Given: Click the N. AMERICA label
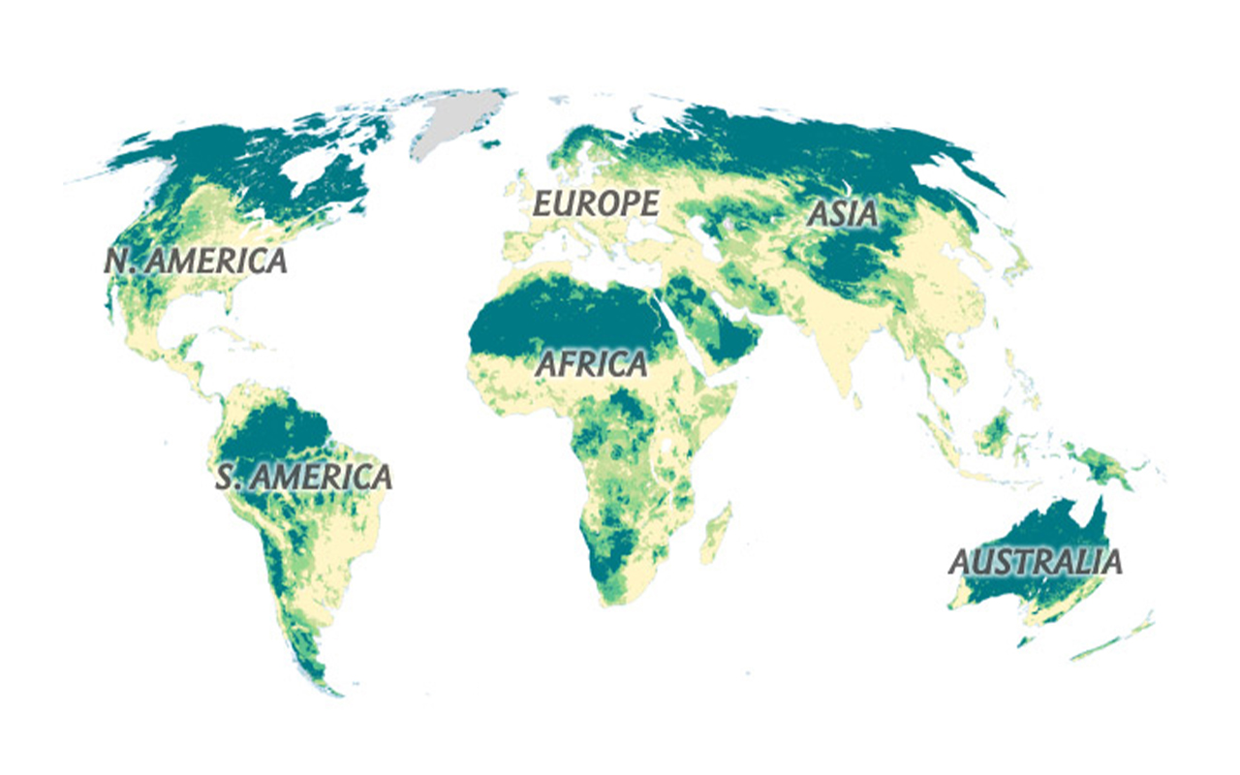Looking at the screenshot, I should tap(197, 261).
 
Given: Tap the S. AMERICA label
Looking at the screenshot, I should tap(304, 477).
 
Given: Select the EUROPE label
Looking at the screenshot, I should tap(597, 204).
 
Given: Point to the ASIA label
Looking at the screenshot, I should tap(843, 214).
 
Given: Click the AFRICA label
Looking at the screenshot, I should tap(591, 365).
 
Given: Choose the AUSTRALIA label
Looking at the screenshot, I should tap(1035, 562).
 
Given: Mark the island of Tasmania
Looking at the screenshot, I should tap(1026, 639).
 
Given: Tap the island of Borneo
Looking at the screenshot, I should tap(993, 435).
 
